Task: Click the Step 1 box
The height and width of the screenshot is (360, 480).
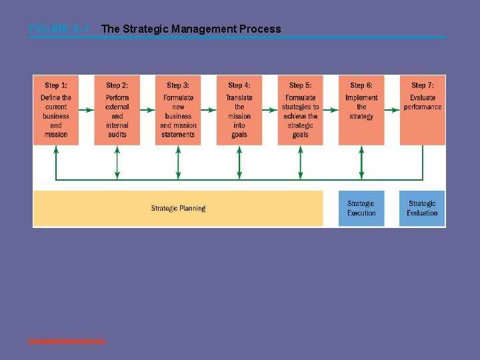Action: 56,110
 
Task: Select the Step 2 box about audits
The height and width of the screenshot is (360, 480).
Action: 117,110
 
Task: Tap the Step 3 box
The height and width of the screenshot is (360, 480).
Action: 178,110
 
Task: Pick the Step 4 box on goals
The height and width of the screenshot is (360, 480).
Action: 239,110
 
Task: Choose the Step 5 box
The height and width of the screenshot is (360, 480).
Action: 300,110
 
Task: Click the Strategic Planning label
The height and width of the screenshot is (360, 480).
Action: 178,209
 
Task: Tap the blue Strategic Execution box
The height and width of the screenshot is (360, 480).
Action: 361,209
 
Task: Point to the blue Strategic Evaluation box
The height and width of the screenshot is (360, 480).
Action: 423,209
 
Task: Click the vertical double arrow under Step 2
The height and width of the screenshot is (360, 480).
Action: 117,162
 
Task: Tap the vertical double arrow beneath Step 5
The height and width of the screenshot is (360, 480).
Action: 300,162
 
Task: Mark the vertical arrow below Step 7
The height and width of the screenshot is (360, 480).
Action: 423,162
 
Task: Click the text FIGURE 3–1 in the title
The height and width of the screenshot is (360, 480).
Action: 59,29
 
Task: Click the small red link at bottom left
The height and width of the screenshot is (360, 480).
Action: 67,341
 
